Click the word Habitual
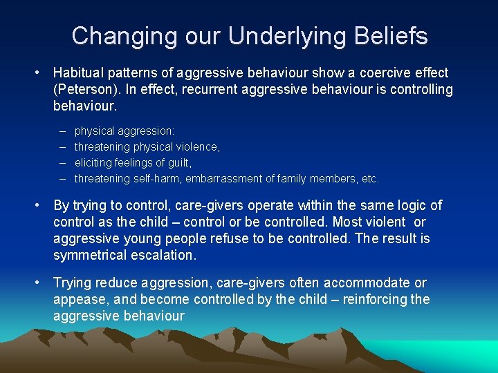81,73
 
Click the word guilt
176,162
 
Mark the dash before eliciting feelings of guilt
62,162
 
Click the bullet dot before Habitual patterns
41,73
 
